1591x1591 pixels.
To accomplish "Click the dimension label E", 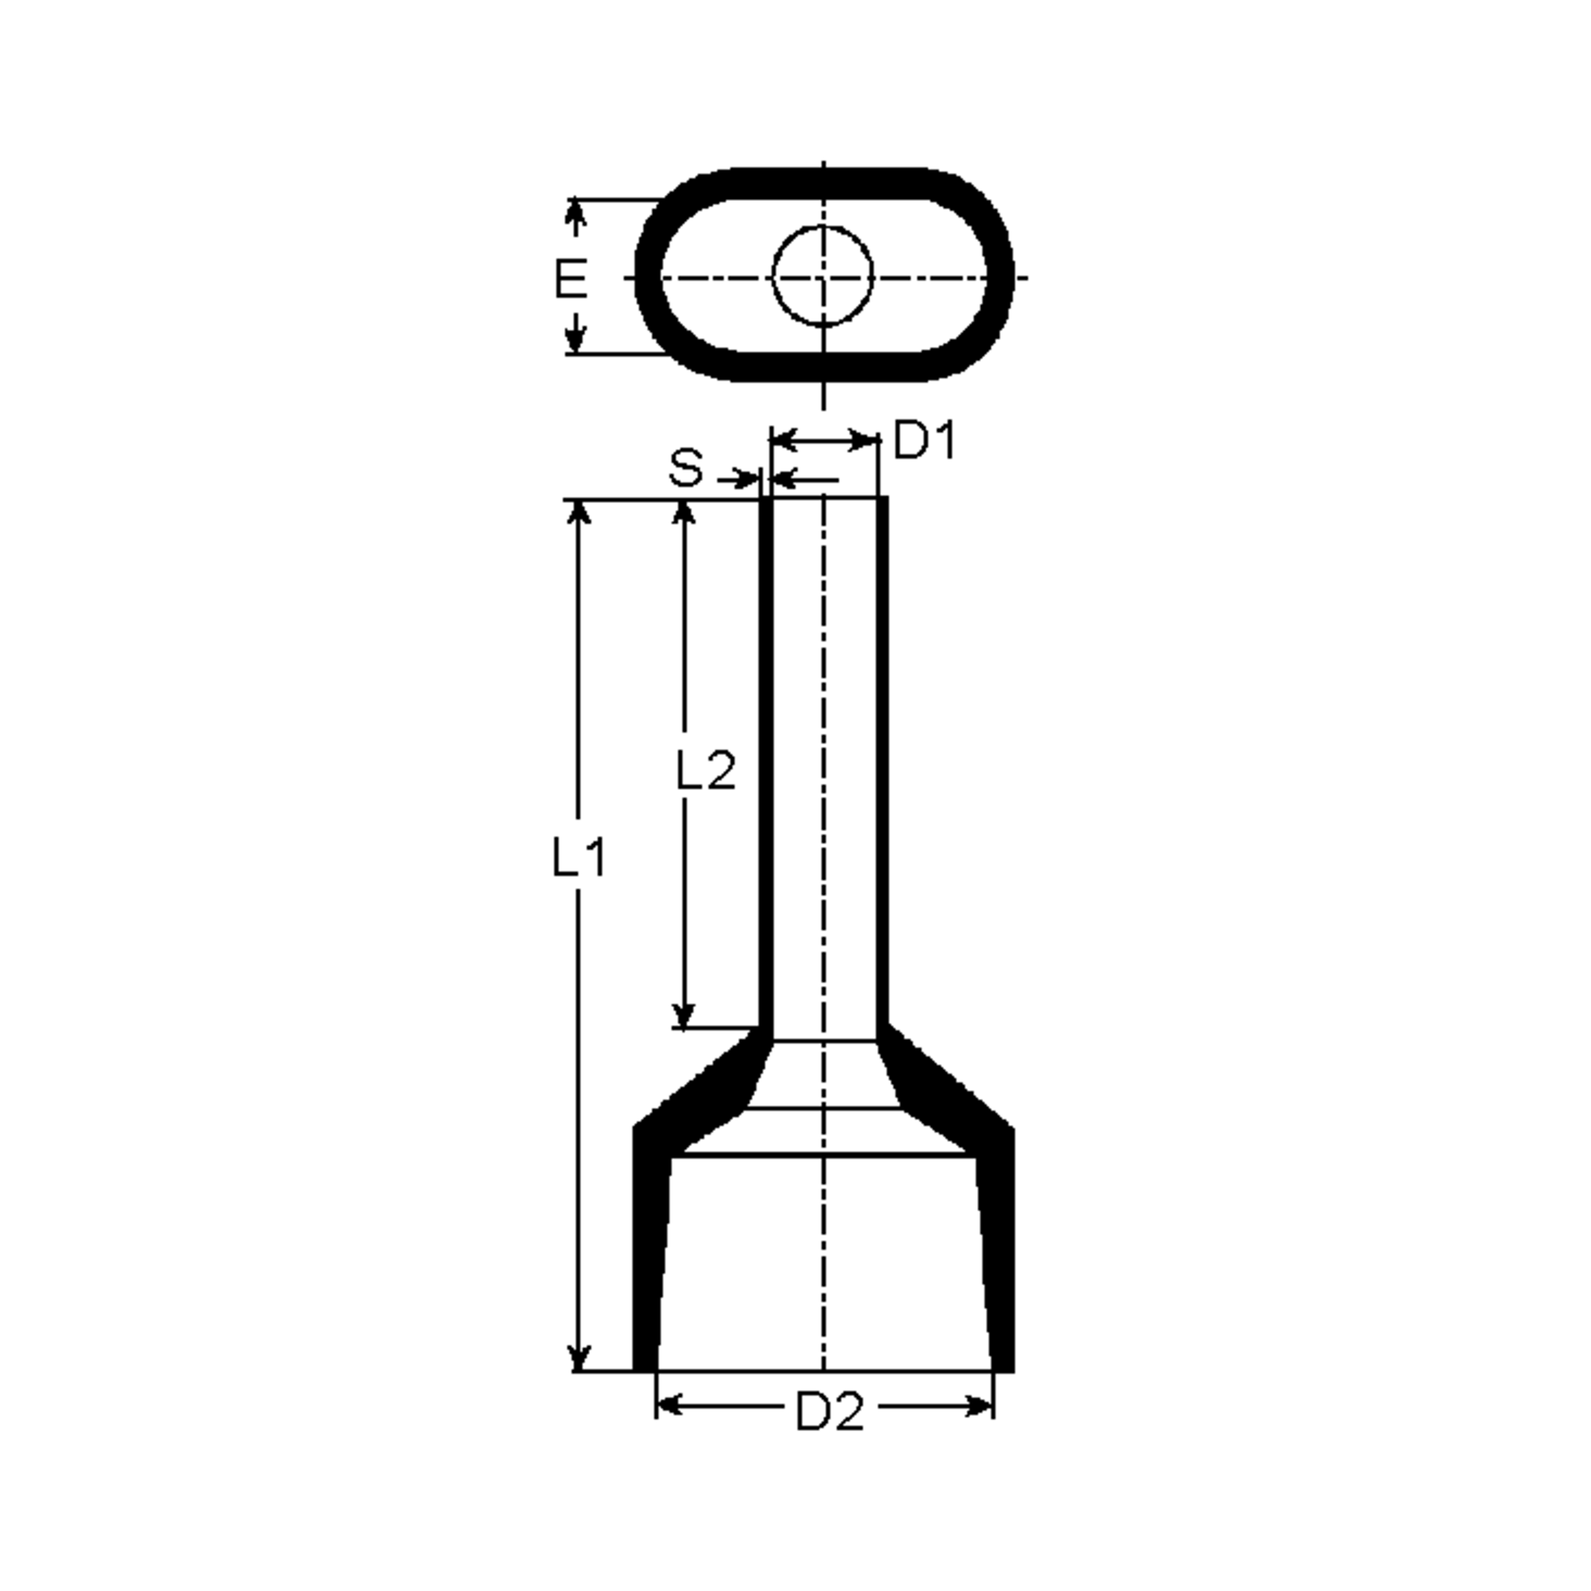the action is pos(571,278).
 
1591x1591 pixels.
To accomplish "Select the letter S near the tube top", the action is pos(686,468).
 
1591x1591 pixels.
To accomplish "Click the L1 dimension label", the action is pos(578,857).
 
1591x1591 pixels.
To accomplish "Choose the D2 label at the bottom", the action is pos(830,1412).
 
